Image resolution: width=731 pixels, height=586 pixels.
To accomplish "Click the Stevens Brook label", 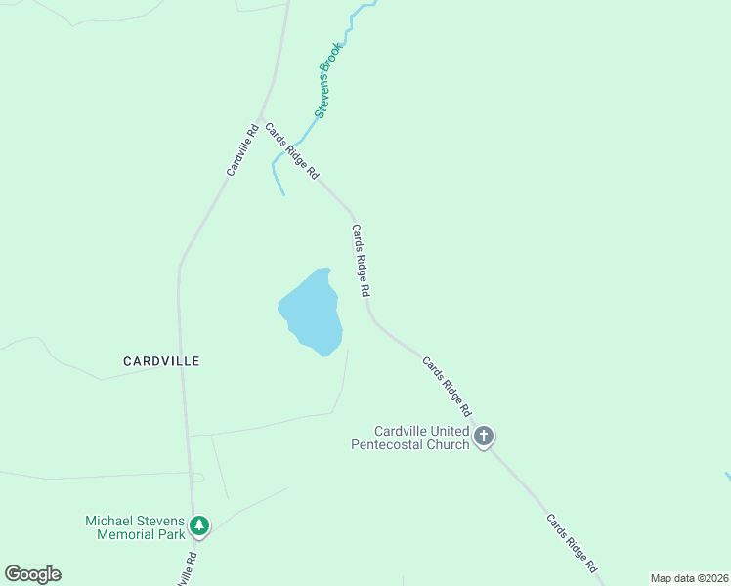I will [328, 80].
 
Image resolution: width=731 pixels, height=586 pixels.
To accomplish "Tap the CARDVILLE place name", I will [161, 361].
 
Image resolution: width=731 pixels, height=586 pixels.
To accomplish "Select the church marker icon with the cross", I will [484, 437].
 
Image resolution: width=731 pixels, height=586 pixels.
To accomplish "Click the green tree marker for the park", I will [199, 526].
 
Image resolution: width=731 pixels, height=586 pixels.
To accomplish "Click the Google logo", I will [32, 574].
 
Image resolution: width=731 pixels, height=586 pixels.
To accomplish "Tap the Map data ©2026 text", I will [689, 578].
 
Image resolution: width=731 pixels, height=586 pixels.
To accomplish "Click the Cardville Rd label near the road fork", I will [241, 150].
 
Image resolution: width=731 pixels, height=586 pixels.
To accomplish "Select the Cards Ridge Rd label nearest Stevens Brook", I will [292, 151].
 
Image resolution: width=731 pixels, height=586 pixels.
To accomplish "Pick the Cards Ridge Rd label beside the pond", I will [361, 261].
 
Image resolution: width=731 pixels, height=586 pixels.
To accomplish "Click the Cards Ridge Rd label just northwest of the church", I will [448, 386].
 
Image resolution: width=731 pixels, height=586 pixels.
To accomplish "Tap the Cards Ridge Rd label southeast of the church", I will [572, 543].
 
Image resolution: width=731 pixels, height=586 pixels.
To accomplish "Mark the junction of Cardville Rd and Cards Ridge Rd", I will [261, 116].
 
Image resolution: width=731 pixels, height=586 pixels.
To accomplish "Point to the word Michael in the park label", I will [109, 521].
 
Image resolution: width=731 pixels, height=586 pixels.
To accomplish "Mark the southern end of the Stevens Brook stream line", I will [284, 194].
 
